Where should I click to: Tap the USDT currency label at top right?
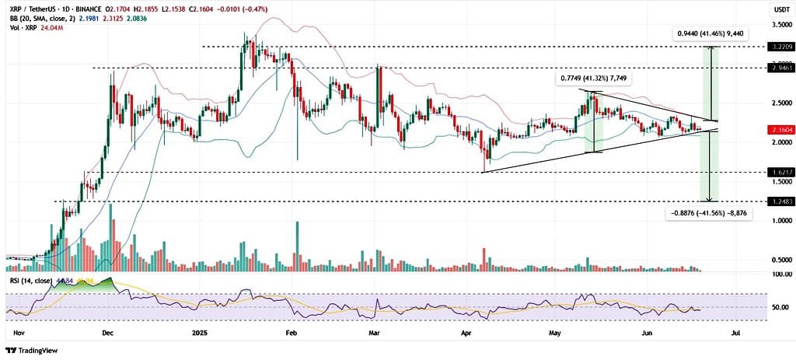778,9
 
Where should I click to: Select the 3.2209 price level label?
778,47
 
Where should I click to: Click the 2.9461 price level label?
778,68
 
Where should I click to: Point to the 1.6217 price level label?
778,172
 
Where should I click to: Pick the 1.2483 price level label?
778,201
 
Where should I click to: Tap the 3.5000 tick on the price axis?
778,26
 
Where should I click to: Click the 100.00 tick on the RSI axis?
778,275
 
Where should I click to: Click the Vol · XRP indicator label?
23,26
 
